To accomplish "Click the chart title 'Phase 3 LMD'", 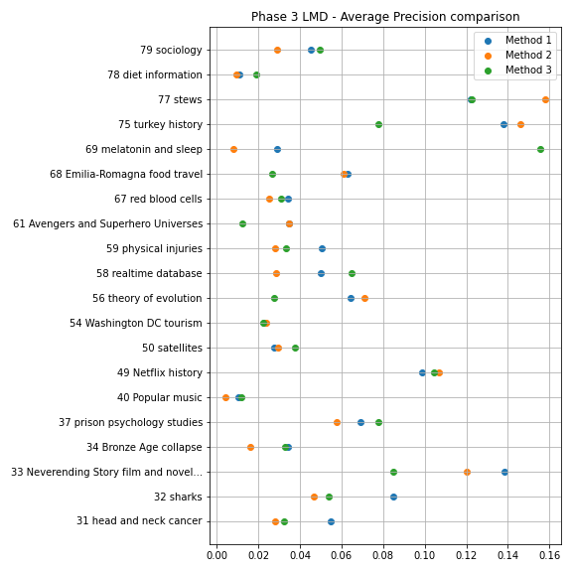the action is pos(289,17).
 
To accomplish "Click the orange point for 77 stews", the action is pos(545,99).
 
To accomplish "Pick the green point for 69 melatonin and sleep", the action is pos(540,149).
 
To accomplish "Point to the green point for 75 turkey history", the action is pos(378,124).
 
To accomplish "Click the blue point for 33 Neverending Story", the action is pos(504,472).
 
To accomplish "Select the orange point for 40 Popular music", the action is pos(225,397).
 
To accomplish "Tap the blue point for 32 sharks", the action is pos(393,497).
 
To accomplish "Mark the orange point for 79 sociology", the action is pos(277,50).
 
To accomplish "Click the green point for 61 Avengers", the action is pos(242,223).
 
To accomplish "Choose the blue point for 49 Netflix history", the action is pos(422,372).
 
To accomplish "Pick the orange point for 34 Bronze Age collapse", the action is pos(250,447).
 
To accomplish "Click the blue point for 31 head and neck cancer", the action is pos(331,521).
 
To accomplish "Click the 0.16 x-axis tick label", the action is pos(549,555).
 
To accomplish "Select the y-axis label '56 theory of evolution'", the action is pos(147,298).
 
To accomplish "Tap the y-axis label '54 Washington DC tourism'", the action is pos(136,323).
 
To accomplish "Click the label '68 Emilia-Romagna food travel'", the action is pos(126,175).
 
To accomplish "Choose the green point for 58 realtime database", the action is pos(352,274).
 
